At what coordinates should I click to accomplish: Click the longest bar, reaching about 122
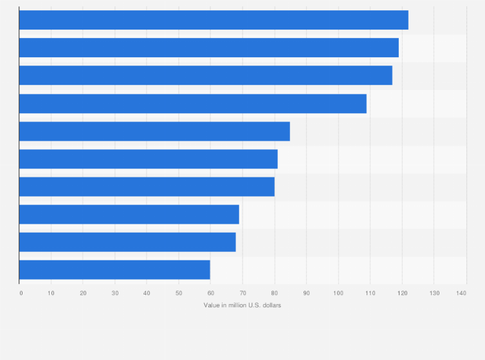click(x=214, y=20)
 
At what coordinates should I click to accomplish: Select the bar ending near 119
click(x=209, y=48)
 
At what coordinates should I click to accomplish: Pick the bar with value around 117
click(x=206, y=75)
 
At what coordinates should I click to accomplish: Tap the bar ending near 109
click(x=193, y=104)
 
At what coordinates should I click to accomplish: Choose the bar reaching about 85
click(x=154, y=131)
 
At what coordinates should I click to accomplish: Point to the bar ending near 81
click(x=149, y=159)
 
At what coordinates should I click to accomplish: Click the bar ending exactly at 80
click(x=147, y=186)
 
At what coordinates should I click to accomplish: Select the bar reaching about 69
click(x=129, y=214)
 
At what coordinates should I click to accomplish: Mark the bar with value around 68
click(x=127, y=242)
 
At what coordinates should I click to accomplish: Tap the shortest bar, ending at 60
click(x=114, y=270)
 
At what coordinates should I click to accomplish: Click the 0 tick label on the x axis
click(x=21, y=293)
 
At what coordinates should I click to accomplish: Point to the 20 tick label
click(x=83, y=293)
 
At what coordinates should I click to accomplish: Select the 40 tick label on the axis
click(x=147, y=293)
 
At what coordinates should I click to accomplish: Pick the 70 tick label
click(x=243, y=293)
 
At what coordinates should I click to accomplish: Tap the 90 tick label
click(x=306, y=293)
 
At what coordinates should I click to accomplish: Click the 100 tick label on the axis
click(x=338, y=293)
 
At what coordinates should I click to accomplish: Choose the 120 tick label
click(x=401, y=293)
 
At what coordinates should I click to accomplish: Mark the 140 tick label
click(x=461, y=293)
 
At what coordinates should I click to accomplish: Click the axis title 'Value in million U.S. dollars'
click(x=243, y=305)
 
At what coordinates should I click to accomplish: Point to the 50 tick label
click(x=179, y=293)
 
